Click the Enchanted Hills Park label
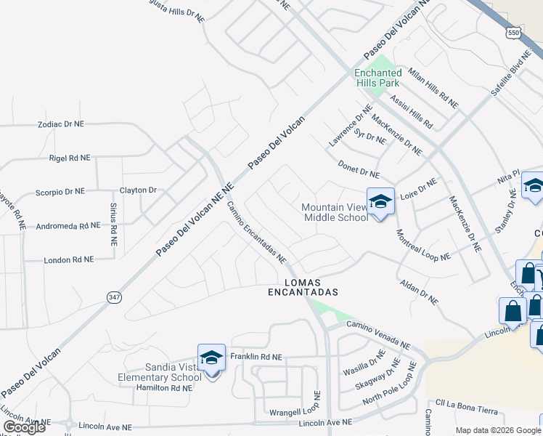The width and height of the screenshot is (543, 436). pyautogui.click(x=377, y=77)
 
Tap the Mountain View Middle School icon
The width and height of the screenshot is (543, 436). pyautogui.click(x=380, y=202)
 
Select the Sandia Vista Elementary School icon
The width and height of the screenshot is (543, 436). pyautogui.click(x=211, y=359)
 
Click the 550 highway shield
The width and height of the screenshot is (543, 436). pyautogui.click(x=513, y=34)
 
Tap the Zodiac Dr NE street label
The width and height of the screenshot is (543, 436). pyautogui.click(x=61, y=124)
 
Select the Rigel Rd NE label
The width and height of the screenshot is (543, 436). pyautogui.click(x=69, y=158)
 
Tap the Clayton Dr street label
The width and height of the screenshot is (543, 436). pyautogui.click(x=138, y=190)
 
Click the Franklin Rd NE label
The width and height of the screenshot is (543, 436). pyautogui.click(x=256, y=358)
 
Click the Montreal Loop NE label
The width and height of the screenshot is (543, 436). pyautogui.click(x=423, y=246)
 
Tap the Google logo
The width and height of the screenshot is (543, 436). pyautogui.click(x=24, y=427)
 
